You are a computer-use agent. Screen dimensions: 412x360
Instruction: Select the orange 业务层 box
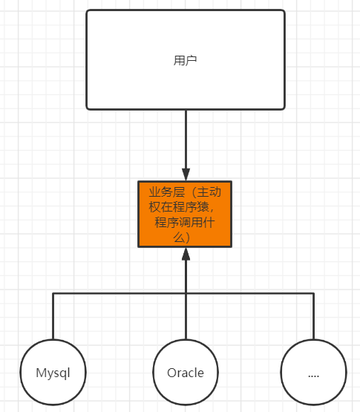(x=185, y=213)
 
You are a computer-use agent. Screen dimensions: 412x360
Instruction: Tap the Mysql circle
(x=53, y=373)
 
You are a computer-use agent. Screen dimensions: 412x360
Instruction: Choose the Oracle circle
(x=186, y=373)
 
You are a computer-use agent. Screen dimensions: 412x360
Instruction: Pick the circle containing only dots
(x=313, y=373)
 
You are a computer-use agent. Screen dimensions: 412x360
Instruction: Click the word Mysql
(x=53, y=373)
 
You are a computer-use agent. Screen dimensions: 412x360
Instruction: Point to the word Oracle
(x=186, y=373)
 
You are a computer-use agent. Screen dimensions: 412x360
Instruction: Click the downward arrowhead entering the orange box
(x=186, y=174)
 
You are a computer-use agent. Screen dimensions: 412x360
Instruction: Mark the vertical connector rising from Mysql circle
(x=53, y=316)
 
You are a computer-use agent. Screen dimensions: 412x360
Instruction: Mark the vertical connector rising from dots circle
(x=313, y=316)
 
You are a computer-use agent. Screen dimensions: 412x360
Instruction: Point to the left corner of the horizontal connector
(x=53, y=293)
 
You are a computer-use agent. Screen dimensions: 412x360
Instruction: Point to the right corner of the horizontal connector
(x=313, y=293)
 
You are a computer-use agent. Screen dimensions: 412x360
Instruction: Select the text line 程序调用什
(x=185, y=223)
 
